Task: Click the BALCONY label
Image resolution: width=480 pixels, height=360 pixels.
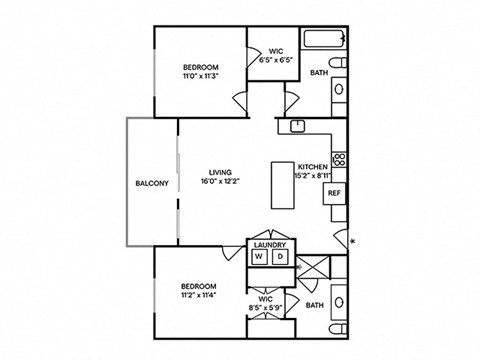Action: [x=151, y=183]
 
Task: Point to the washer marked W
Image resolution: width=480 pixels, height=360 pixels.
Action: [x=259, y=257]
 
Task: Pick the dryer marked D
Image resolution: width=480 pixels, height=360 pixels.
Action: [x=281, y=257]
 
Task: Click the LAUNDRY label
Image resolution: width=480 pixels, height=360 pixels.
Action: [x=270, y=245]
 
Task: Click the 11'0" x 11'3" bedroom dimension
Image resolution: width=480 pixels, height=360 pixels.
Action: [x=201, y=76]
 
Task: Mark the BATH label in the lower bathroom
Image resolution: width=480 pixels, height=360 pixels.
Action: [x=315, y=305]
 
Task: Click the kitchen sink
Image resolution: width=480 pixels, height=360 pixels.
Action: [x=298, y=126]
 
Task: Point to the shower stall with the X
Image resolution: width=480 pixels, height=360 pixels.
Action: [x=312, y=269]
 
